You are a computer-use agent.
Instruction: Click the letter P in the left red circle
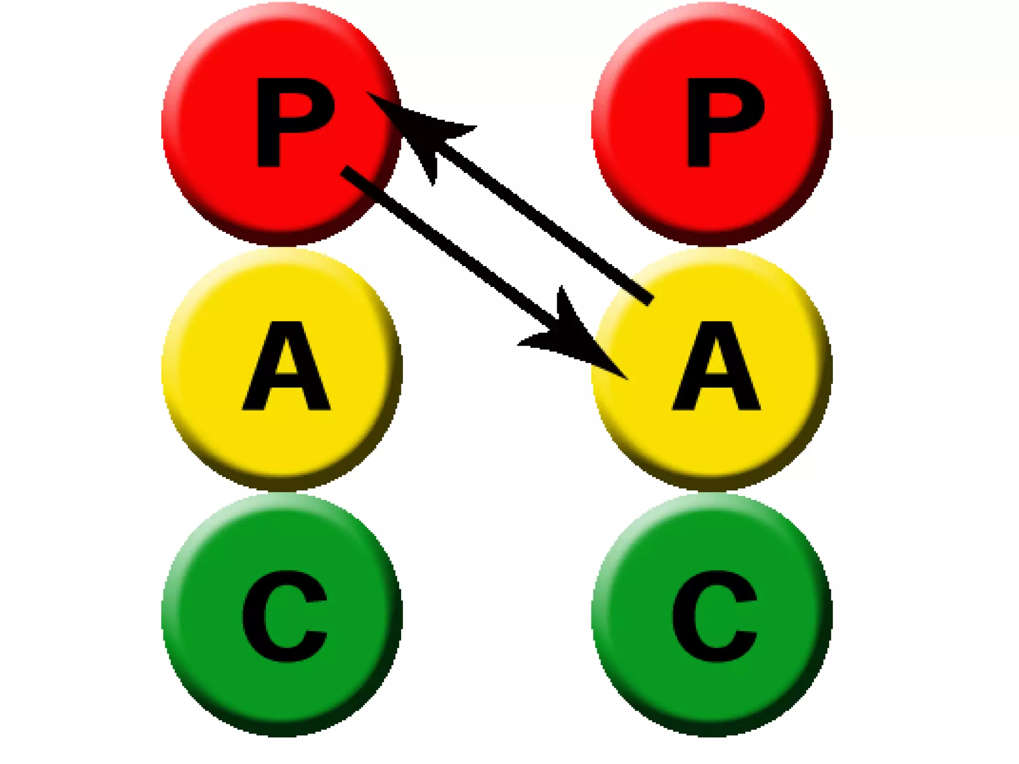294,122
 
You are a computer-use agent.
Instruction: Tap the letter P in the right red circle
724,122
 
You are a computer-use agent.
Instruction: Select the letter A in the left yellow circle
286,368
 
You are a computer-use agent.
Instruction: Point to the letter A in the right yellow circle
716,368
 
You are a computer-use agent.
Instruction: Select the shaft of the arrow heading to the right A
448,244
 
